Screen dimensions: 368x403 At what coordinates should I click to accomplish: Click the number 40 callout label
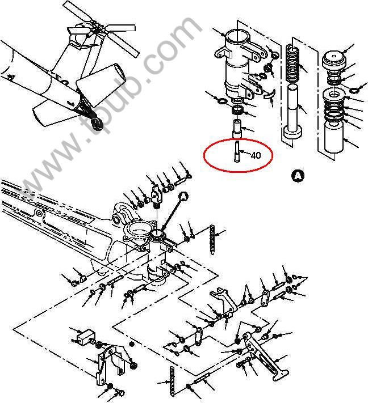256,155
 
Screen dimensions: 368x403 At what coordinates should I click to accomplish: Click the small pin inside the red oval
237,151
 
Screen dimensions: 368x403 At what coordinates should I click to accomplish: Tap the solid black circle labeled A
298,176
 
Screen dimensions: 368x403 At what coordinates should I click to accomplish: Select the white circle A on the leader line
183,196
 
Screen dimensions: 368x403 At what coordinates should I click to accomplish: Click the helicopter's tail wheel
97,124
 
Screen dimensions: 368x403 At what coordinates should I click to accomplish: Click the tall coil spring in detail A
292,63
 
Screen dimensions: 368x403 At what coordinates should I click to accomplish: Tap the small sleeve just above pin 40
237,129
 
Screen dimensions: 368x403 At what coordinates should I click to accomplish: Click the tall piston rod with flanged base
293,112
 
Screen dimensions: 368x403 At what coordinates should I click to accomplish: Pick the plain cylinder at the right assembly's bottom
334,137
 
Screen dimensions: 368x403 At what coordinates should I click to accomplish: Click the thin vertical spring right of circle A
212,240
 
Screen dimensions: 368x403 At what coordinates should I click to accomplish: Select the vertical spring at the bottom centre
172,380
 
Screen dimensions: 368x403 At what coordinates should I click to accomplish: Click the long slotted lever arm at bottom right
265,356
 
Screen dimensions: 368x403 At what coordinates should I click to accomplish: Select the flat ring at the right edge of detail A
354,90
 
